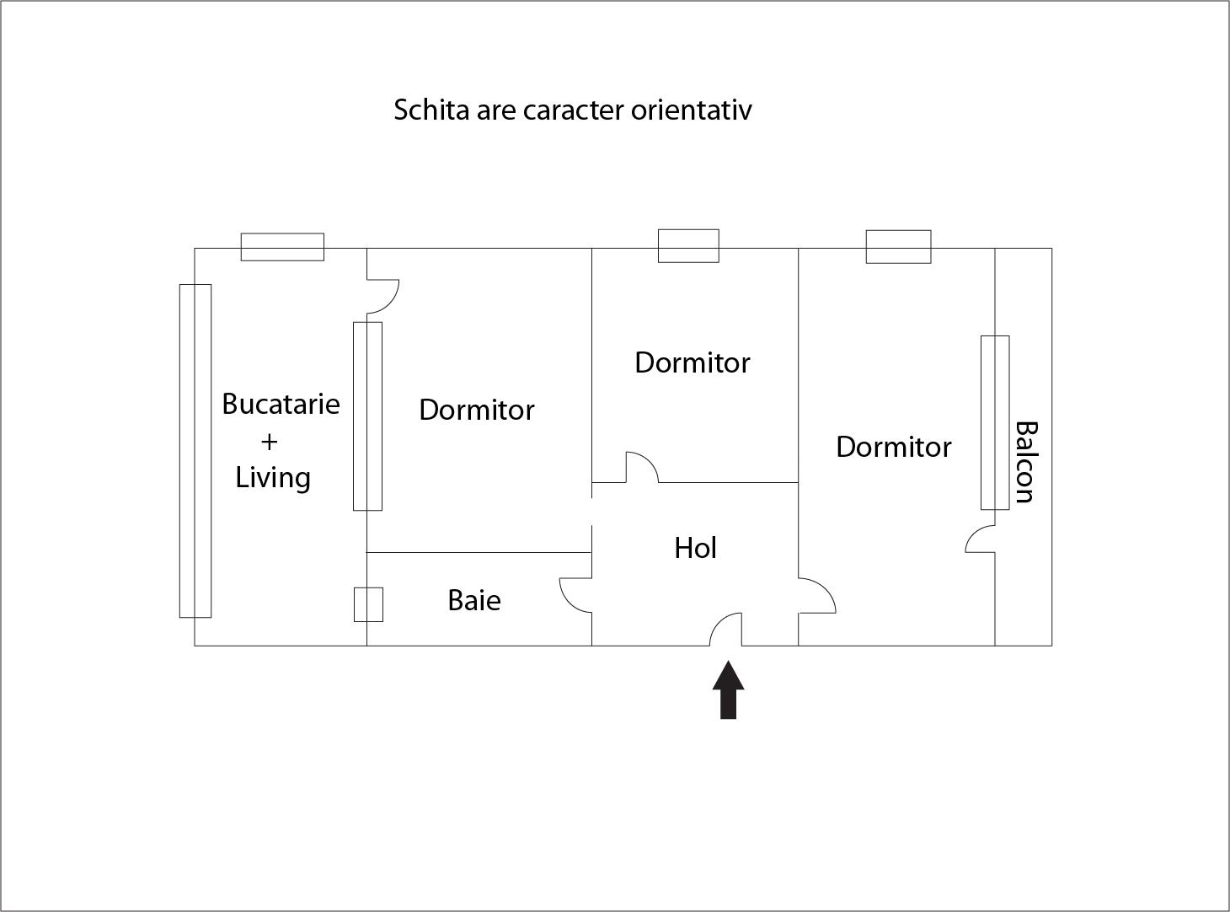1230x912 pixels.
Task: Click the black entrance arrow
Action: pyautogui.click(x=728, y=690)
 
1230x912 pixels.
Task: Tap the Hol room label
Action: pyautogui.click(x=695, y=548)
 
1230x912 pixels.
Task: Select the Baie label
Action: pyautogui.click(x=474, y=600)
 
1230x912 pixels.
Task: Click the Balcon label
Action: pyautogui.click(x=1026, y=463)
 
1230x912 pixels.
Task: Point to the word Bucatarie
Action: pyautogui.click(x=281, y=404)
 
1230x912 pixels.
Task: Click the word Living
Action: pyautogui.click(x=273, y=478)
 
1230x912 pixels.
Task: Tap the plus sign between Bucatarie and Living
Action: pyautogui.click(x=270, y=442)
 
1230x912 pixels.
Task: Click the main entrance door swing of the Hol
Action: pyautogui.click(x=725, y=630)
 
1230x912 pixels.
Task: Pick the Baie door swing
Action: pyautogui.click(x=575, y=595)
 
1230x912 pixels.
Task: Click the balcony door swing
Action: pyautogui.click(x=980, y=539)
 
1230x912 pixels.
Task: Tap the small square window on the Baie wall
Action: pyautogui.click(x=368, y=604)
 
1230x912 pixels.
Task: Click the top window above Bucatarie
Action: pyautogui.click(x=282, y=247)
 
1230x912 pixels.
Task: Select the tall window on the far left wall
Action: pyautogui.click(x=195, y=451)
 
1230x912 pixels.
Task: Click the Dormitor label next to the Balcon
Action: pyautogui.click(x=893, y=447)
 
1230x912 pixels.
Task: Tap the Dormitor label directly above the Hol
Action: pyautogui.click(x=692, y=362)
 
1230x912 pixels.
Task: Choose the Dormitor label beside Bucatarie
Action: pyautogui.click(x=476, y=410)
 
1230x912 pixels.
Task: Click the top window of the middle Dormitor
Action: pyautogui.click(x=689, y=246)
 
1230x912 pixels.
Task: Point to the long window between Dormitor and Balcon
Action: pyautogui.click(x=995, y=422)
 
